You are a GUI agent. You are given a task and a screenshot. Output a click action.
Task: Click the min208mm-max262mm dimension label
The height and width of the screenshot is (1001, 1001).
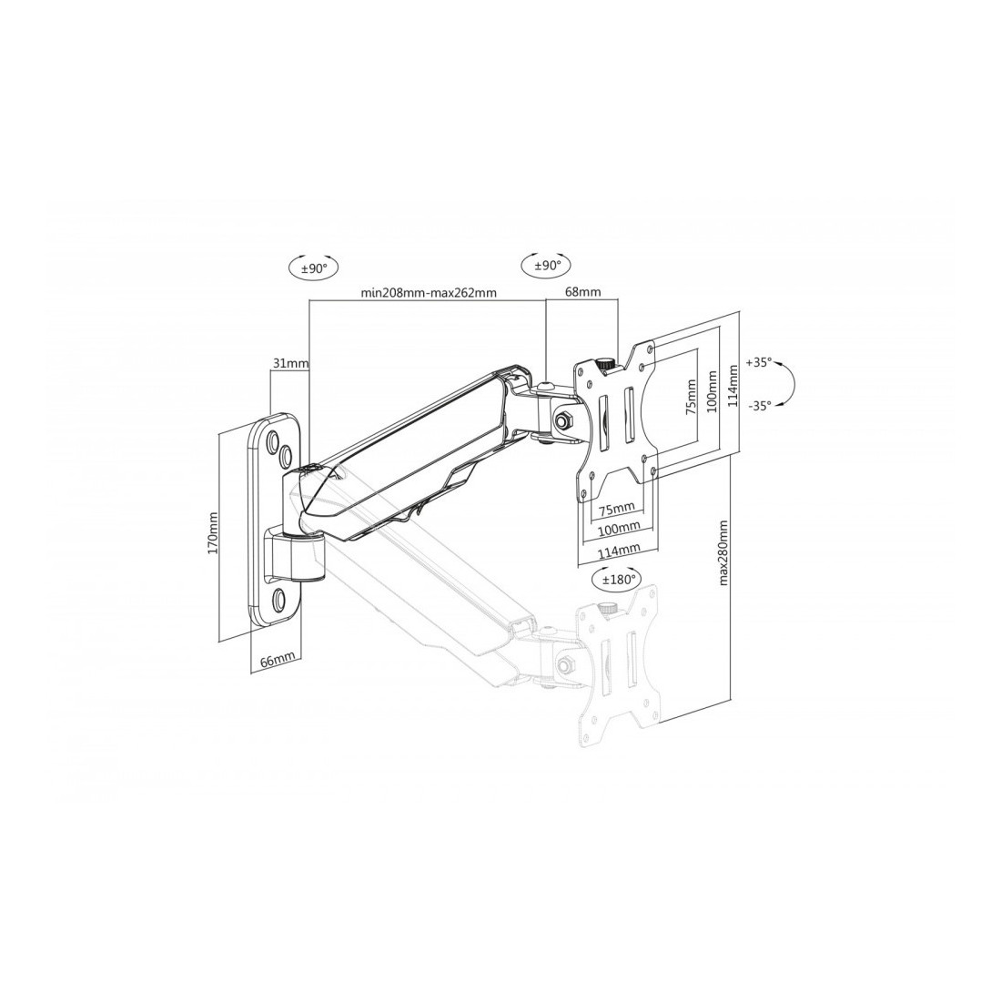coord(429,292)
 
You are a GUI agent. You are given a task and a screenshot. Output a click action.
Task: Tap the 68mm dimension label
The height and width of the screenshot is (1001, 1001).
coord(582,292)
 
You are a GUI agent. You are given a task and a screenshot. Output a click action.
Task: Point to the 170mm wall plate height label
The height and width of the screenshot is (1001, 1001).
coord(213,533)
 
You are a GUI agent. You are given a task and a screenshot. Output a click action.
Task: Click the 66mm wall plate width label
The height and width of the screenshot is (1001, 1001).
coord(277,660)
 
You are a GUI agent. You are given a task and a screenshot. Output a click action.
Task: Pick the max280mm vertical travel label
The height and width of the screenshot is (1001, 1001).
coord(724,553)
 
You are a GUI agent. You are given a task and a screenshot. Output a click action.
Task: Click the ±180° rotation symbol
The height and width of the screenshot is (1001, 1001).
coord(615,579)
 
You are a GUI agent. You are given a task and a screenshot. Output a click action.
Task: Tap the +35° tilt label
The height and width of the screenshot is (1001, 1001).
coord(759,362)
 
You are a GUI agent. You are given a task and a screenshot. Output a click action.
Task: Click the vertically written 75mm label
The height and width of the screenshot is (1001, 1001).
coord(690,398)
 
